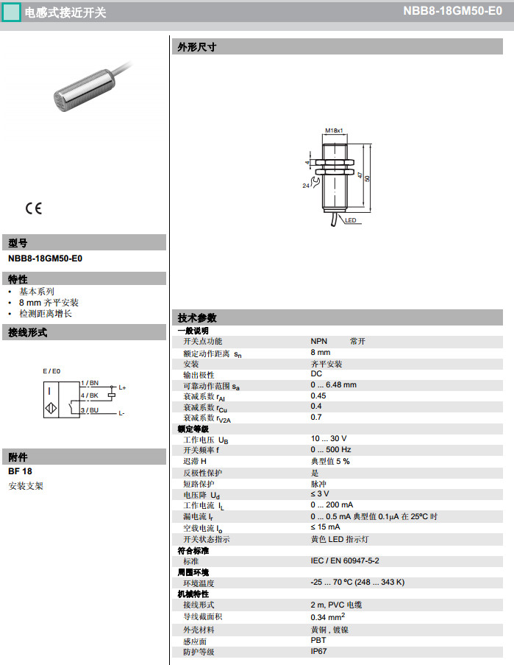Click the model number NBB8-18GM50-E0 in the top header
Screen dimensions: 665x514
pos(452,12)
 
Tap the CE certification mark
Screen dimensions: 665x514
pos(34,208)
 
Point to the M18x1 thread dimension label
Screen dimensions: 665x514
pos(335,130)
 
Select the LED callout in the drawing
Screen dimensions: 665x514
pos(351,220)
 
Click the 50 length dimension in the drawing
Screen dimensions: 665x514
pos(367,178)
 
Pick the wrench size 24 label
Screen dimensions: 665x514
pos(306,186)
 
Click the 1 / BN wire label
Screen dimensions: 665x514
pos(90,383)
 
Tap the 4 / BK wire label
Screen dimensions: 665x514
pos(90,396)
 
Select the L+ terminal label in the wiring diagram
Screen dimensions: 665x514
pos(122,387)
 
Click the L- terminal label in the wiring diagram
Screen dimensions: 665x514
pos(121,413)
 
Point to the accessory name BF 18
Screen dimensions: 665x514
pos(21,471)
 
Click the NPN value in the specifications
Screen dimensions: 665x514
pos(319,342)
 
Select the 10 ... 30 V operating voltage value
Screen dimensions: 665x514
pos(329,439)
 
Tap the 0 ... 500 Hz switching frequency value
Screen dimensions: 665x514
pos(331,450)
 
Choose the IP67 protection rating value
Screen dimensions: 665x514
pos(319,652)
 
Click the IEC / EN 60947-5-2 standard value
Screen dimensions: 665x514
pos(345,561)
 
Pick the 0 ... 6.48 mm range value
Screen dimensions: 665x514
pos(333,385)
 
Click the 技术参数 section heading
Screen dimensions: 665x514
pos(197,318)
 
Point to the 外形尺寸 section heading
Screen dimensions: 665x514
pos(197,47)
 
